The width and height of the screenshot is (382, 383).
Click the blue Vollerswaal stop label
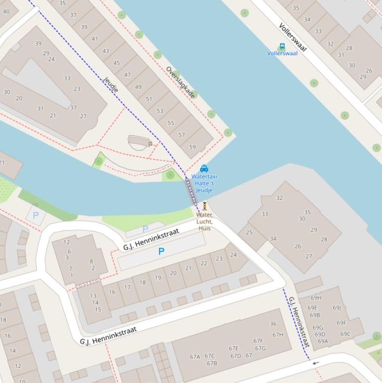tap(282, 53)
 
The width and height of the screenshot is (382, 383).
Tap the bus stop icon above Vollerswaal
tap(282, 46)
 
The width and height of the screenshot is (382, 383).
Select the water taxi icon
tap(204, 169)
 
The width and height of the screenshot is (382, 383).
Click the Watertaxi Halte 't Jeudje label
tap(204, 183)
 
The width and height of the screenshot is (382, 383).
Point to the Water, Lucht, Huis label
tap(205, 221)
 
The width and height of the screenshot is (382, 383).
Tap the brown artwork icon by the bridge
tap(204, 206)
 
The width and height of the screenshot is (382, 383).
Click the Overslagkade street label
tap(180, 82)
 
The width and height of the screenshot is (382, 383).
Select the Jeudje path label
tap(111, 85)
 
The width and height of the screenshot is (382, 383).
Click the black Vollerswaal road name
tap(293, 37)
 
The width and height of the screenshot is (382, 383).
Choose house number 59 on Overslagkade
tap(192, 147)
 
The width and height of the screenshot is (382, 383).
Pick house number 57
tap(182, 135)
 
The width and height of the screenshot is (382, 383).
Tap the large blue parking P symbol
tap(161, 252)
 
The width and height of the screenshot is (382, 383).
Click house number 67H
tap(278, 335)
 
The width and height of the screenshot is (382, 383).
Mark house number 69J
tap(337, 307)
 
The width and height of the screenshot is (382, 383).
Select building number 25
tap(249, 232)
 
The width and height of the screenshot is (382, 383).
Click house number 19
tap(158, 278)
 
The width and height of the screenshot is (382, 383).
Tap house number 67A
tap(195, 356)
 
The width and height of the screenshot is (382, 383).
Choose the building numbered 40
tap(6, 11)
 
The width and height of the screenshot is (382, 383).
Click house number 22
tap(204, 263)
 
